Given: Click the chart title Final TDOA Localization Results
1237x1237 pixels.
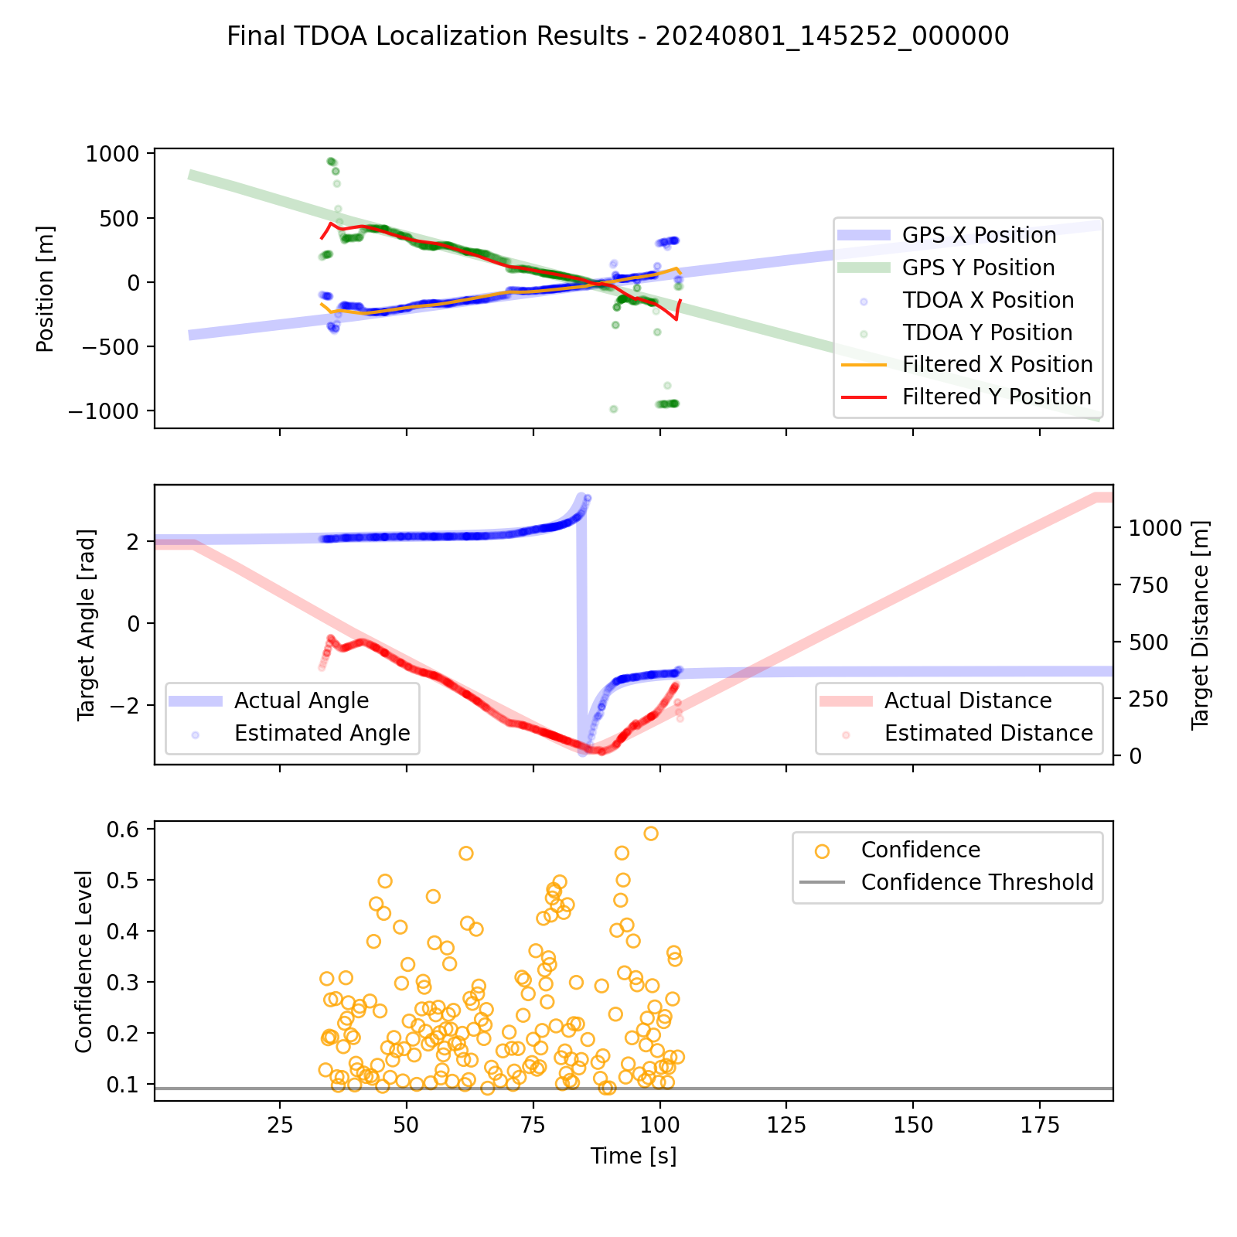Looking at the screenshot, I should [618, 36].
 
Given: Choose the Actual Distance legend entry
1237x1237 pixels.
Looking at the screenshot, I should [968, 700].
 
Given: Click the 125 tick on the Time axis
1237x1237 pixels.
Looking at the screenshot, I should [785, 1123].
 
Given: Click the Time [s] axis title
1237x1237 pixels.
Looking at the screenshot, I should [633, 1156].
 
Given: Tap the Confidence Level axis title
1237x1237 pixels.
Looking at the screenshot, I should [83, 961].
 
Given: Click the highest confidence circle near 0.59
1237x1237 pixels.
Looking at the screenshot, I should [651, 833].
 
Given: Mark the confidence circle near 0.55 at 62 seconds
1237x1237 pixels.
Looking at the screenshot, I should [465, 854].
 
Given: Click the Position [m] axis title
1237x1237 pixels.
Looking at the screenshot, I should [46, 288].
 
